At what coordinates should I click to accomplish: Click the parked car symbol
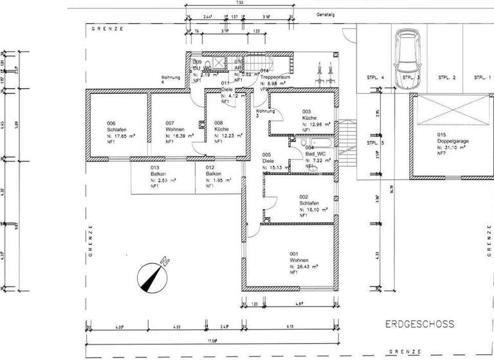(x=407, y=52)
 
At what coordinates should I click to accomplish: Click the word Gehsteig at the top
(x=325, y=14)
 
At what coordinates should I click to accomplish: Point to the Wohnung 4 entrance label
(x=171, y=80)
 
